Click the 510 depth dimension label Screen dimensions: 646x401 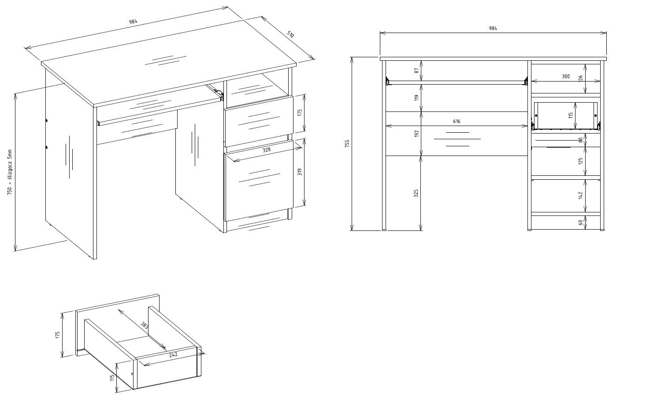[290, 34]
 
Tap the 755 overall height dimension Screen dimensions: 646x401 [347, 143]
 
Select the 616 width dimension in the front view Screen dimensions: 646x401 [457, 121]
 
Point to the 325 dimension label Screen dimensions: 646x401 [416, 193]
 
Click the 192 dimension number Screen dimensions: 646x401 [416, 133]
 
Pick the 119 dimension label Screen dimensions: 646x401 [416, 97]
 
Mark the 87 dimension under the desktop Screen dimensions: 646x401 [416, 71]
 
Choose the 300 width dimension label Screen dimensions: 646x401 [565, 76]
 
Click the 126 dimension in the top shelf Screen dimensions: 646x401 [580, 78]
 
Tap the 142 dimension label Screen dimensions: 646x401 [580, 195]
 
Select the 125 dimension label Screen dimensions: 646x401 [580, 160]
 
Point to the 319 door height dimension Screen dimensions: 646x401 [300, 172]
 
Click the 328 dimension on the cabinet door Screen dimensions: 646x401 [267, 149]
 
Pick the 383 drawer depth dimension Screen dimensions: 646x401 [144, 325]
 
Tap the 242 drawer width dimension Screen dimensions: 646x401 [173, 355]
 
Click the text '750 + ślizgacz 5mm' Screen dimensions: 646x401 [10, 172]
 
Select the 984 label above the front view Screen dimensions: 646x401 [493, 28]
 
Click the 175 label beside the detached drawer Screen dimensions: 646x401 [58, 335]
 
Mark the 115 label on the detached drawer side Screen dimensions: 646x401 [112, 378]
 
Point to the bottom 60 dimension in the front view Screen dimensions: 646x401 [580, 223]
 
